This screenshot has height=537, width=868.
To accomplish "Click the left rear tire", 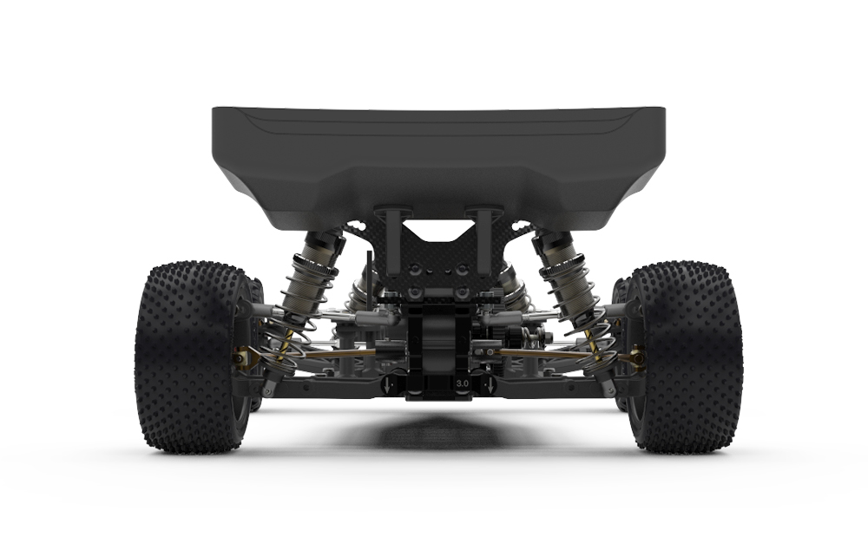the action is click(191, 357).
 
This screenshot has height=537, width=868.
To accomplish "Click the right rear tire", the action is click(686, 357).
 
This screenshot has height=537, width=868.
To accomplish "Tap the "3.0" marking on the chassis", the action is click(463, 383).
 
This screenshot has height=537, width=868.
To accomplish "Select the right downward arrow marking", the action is click(490, 385).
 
